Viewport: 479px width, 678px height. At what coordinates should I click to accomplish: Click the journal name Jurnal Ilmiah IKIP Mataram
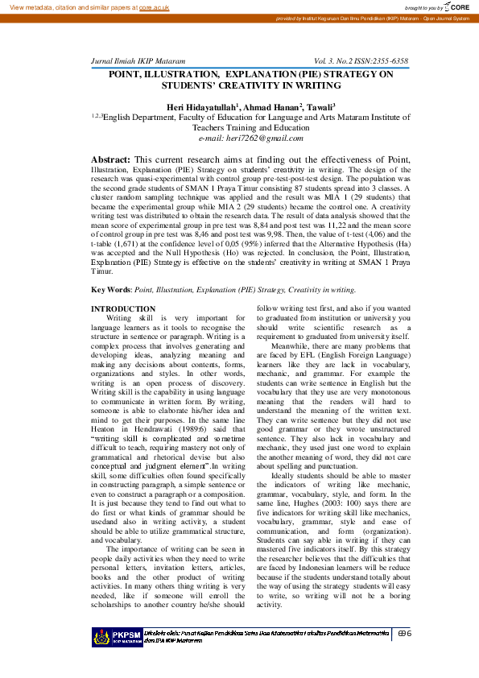coord(139,61)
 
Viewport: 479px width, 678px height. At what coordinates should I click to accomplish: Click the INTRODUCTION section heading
coord(123,309)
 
